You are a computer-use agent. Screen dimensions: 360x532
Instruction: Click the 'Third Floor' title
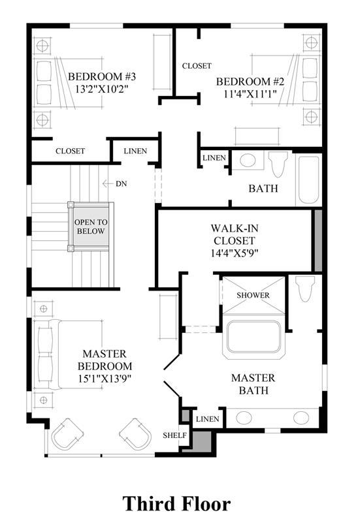pos(176,503)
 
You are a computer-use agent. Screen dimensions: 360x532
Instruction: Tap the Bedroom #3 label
pos(102,76)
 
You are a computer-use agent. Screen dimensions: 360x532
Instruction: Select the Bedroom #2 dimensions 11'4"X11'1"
pos(250,94)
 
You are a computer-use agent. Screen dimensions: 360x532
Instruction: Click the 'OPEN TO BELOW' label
pos(91,227)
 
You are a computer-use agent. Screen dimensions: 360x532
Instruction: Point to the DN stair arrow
pos(108,183)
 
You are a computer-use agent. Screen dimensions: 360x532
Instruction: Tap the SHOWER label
pos(253,295)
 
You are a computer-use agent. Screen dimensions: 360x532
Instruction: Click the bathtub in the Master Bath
pos(254,339)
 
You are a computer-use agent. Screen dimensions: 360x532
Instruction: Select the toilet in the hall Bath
pos(278,164)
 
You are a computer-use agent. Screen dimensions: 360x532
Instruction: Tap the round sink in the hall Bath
pos(249,161)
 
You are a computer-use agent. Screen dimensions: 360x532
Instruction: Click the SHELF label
pos(174,435)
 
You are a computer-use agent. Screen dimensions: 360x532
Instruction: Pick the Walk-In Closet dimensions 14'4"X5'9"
pos(235,253)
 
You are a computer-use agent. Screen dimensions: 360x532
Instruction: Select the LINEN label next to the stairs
pos(135,151)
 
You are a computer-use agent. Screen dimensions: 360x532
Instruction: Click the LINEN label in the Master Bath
pos(208,419)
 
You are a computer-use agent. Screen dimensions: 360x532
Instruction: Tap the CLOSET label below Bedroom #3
pos(71,151)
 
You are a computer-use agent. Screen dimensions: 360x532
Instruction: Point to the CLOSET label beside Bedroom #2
pos(197,66)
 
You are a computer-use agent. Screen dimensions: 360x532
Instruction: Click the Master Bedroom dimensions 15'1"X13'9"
pos(105,379)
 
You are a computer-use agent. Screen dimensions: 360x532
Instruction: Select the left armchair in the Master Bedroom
pos(67,434)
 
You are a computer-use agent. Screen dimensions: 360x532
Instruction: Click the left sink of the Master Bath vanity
pos(244,418)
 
